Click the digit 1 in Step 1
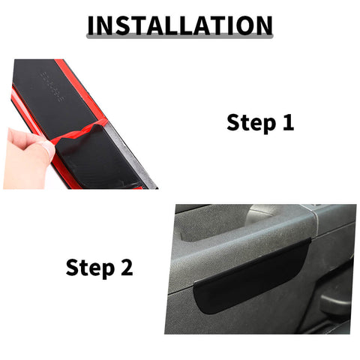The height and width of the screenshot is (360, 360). click(x=287, y=123)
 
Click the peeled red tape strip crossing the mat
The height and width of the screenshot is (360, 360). click(x=82, y=133)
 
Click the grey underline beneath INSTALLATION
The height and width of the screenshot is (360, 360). click(x=180, y=38)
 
